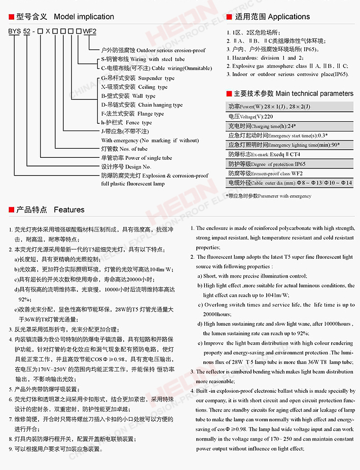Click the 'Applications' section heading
[x=289, y=17]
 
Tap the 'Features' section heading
[x=69, y=210]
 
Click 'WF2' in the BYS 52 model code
[x=89, y=31]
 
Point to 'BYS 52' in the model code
[x=18, y=31]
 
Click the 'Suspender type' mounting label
[x=156, y=78]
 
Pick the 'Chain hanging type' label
[x=160, y=105]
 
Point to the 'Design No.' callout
[x=138, y=166]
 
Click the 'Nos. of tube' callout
[x=133, y=149]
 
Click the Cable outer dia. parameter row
[x=289, y=183]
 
